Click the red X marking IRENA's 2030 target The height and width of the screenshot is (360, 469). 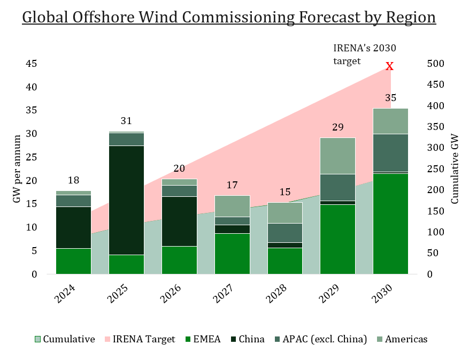390,66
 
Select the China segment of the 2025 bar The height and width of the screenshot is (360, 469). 126,200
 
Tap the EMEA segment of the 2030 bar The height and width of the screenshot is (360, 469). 390,223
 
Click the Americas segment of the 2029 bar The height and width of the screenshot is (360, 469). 337,156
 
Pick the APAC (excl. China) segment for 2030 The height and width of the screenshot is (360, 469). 390,152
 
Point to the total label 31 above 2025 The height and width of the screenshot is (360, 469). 126,121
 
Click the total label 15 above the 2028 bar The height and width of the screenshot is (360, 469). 285,192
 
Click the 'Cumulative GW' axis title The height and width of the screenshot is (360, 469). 455,169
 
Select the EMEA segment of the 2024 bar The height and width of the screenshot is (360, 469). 73,261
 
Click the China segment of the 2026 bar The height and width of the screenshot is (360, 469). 179,221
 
